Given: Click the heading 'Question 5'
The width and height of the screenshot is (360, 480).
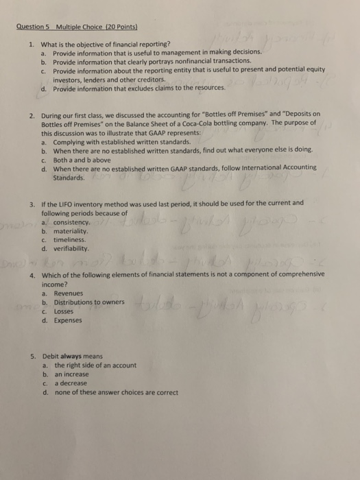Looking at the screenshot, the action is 33,27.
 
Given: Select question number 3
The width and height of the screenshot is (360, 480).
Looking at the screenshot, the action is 33,203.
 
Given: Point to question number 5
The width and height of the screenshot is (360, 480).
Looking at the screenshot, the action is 33,357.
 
